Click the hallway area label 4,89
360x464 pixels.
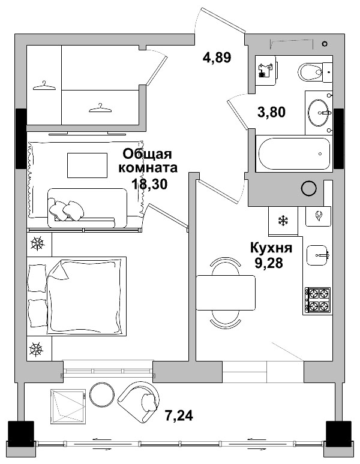217,58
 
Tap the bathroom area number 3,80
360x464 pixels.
271,112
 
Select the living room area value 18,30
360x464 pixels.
149,183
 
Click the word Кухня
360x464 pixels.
271,248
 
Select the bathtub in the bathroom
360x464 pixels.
293,155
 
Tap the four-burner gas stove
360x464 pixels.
317,300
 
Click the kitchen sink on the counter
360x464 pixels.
318,255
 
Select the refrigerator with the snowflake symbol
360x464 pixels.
281,220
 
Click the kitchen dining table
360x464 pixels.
227,293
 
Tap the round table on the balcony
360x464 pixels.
101,395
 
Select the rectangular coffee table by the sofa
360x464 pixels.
87,165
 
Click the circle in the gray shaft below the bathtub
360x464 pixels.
308,188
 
